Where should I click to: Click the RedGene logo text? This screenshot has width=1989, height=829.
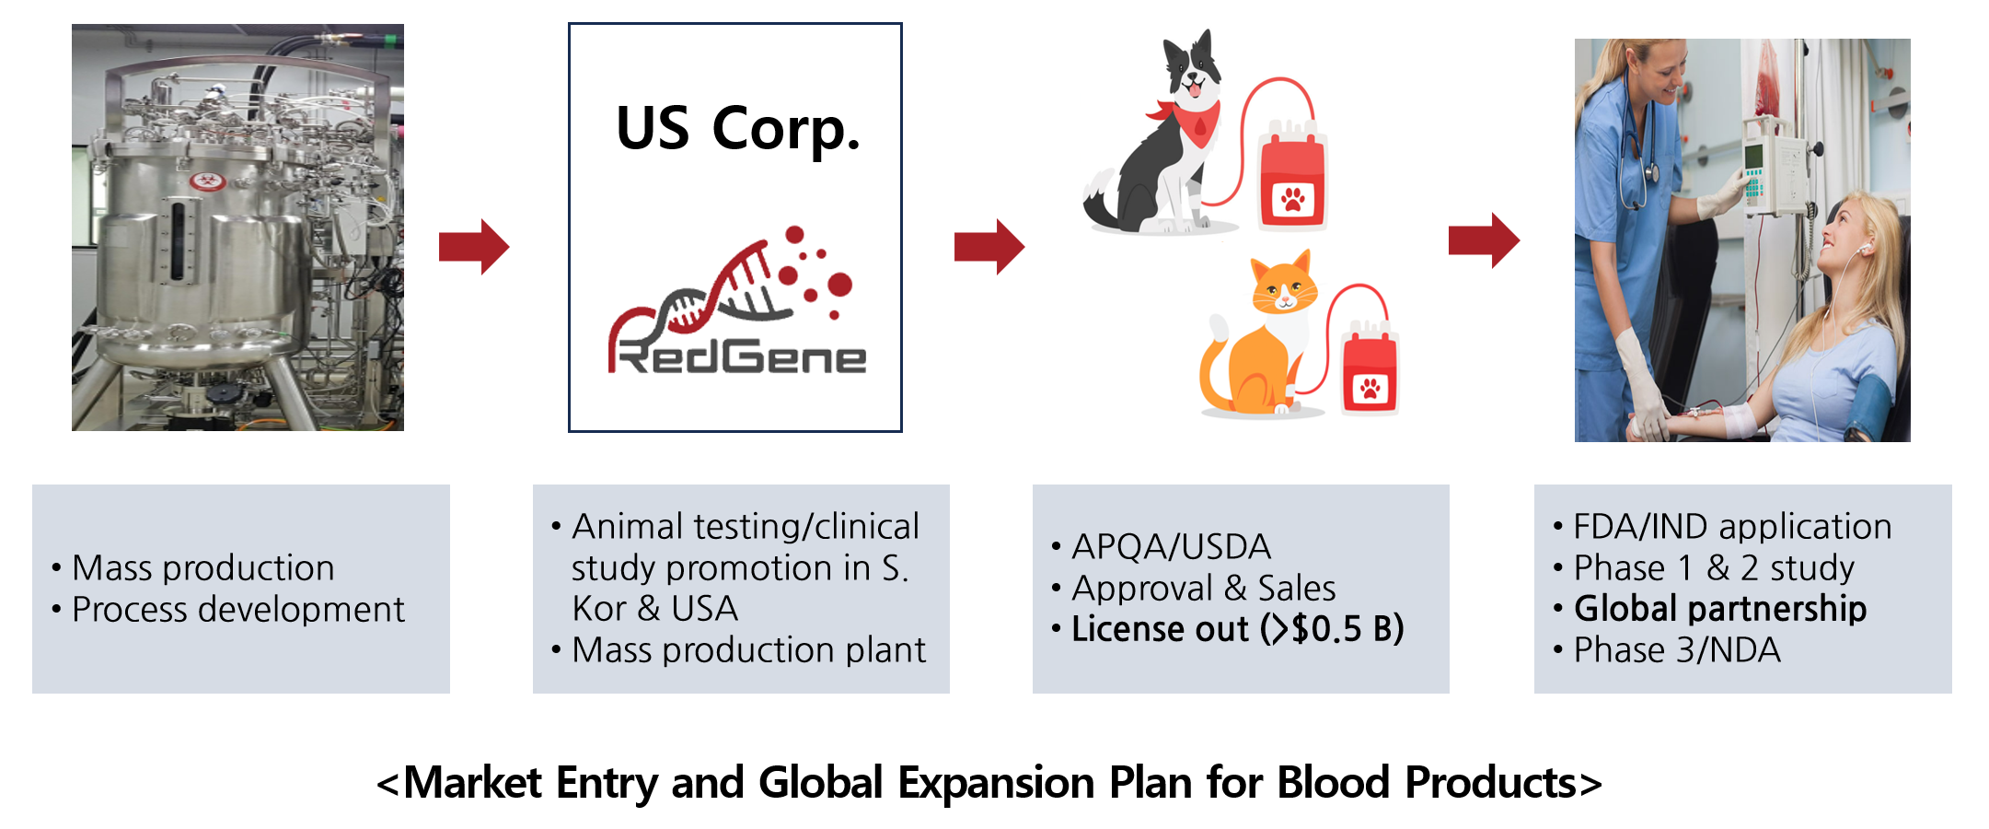point(737,356)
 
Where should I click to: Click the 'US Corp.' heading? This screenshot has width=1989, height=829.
point(738,129)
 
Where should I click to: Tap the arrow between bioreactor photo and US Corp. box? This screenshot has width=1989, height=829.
point(474,247)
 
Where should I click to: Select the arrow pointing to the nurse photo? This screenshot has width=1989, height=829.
point(1484,240)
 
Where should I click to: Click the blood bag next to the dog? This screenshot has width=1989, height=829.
point(1293,175)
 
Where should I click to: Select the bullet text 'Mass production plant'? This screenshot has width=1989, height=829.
point(748,650)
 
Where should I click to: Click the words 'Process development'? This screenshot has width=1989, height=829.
point(238,610)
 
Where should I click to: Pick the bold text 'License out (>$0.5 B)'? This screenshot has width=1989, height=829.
point(1238,629)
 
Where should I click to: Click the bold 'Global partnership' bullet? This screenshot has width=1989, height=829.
point(1720,609)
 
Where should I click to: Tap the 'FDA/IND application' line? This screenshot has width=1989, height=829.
point(1732,527)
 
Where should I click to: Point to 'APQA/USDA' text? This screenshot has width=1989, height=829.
point(1171,547)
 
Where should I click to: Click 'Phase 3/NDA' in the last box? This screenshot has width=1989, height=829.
point(1677,650)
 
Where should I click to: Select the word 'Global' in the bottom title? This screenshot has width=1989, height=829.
point(821,783)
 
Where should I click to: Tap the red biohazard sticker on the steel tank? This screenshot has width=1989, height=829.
point(208,181)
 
